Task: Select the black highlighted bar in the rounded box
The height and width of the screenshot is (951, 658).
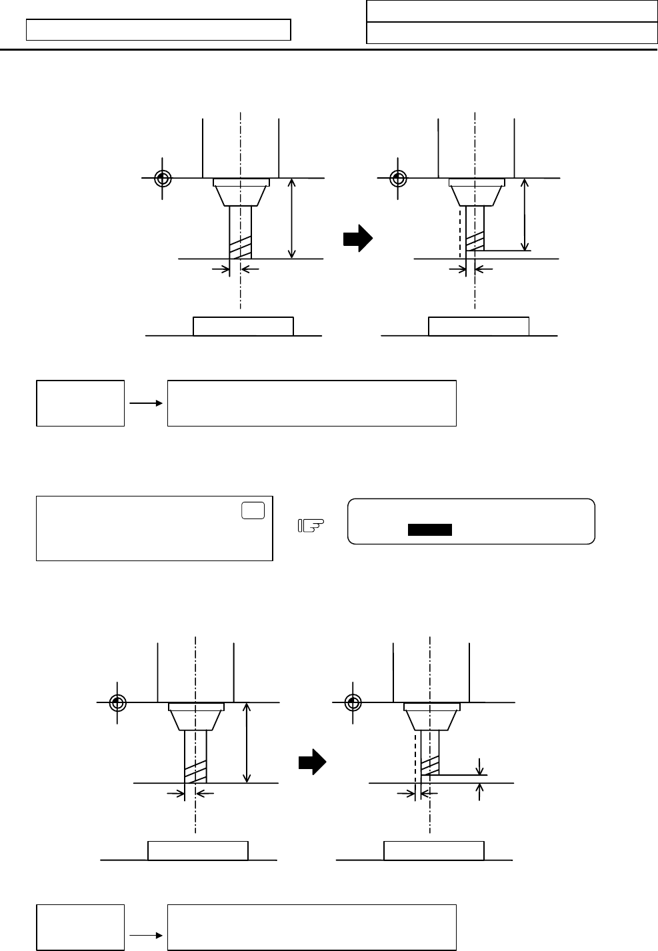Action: tap(430, 530)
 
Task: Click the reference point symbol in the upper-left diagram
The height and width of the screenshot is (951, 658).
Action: tap(162, 179)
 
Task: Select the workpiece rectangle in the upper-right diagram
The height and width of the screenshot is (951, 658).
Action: tap(478, 327)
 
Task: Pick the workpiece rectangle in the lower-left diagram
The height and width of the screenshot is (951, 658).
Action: tap(197, 851)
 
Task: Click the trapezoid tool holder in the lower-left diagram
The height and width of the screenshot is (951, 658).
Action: tap(195, 719)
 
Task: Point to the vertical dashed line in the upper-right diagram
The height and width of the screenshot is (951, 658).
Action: tap(459, 233)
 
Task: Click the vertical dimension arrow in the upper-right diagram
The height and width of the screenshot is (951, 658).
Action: tap(526, 213)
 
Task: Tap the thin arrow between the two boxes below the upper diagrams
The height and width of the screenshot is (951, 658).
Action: tap(146, 403)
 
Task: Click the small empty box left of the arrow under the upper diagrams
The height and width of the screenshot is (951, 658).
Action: tap(80, 403)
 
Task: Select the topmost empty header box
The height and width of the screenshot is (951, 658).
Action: tap(512, 11)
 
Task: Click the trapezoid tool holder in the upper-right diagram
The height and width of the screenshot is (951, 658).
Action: tap(475, 195)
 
